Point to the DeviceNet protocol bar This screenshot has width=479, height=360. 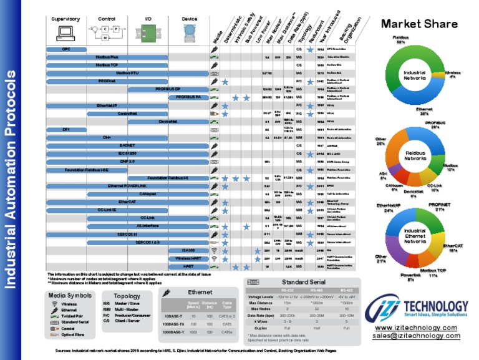tap(168, 121)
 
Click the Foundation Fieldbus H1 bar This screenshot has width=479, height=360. tap(168, 177)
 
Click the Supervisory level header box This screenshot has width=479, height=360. tap(65, 19)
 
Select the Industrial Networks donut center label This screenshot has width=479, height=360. tap(414, 76)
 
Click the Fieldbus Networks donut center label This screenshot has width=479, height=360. tap(415, 155)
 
